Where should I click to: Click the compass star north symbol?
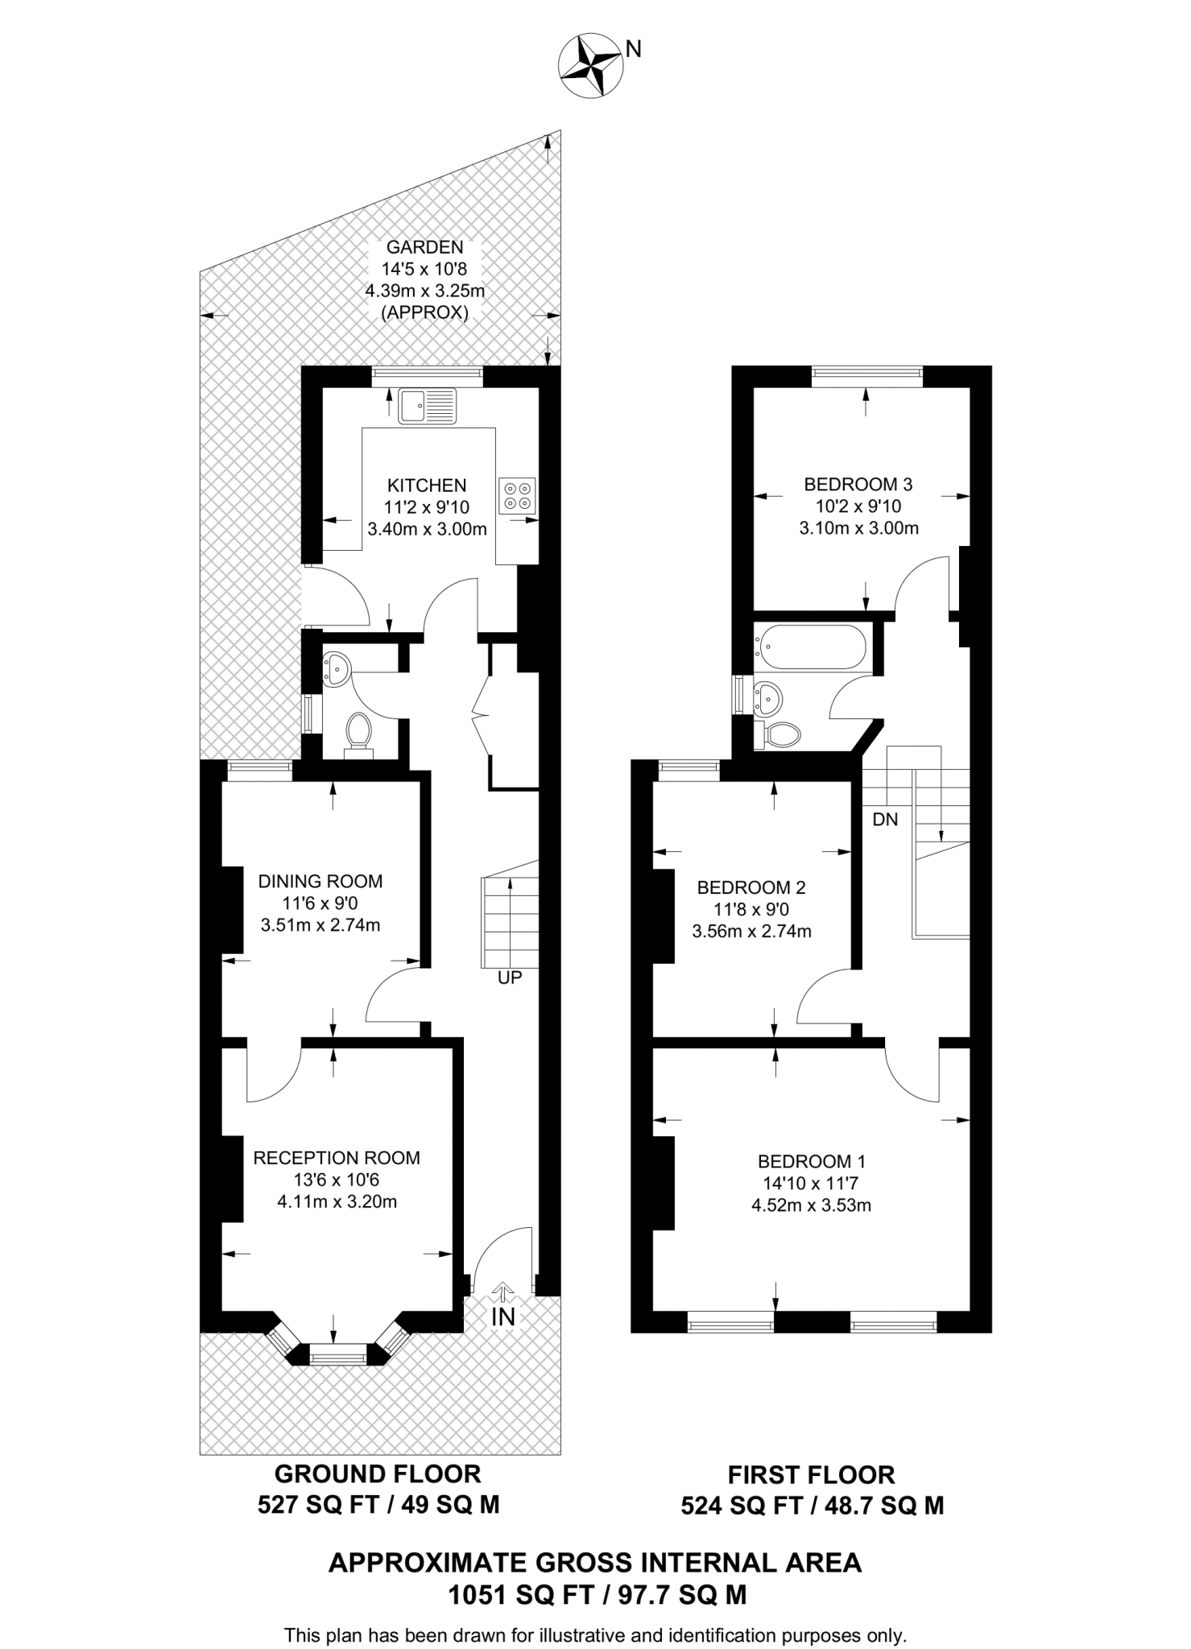click(x=591, y=67)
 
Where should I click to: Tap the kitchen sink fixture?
click(x=427, y=406)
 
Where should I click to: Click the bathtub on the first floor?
click(x=811, y=648)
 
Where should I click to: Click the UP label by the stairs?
click(x=510, y=977)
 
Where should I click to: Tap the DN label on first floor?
click(x=885, y=820)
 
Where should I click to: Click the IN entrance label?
click(x=502, y=1316)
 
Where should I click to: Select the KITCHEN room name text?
click(x=427, y=486)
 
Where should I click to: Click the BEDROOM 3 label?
click(x=858, y=484)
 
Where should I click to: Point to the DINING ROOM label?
click(x=320, y=881)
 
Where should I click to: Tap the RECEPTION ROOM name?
click(x=337, y=1158)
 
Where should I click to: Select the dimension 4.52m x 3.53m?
click(x=811, y=1205)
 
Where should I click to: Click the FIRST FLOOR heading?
click(x=811, y=1474)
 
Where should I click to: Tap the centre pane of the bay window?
click(x=337, y=1358)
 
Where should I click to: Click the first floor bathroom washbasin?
click(x=767, y=696)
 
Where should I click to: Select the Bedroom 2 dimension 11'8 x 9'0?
click(x=751, y=910)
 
